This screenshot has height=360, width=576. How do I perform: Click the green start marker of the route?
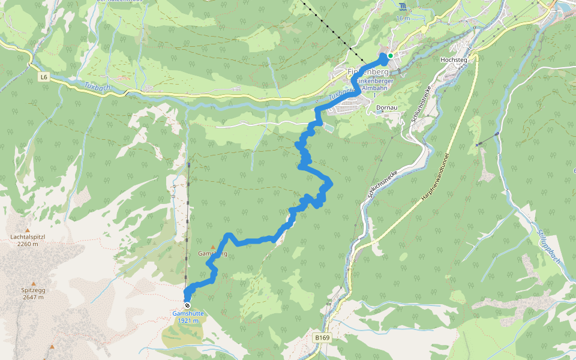click(x=390, y=56)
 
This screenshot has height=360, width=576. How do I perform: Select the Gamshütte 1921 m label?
click(x=188, y=317)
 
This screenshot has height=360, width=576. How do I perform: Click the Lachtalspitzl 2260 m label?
click(x=28, y=240)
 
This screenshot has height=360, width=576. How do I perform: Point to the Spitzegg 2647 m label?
click(x=34, y=293)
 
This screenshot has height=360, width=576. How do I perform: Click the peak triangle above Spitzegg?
click(x=34, y=283)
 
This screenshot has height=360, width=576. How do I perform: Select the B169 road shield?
click(x=322, y=338)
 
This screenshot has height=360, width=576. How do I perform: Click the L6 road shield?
click(x=44, y=77)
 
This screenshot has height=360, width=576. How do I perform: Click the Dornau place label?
click(x=386, y=109)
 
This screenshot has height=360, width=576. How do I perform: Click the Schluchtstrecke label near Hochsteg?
click(x=419, y=106)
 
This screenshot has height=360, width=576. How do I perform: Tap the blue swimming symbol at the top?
click(x=402, y=7)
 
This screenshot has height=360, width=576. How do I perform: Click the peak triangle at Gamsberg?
click(x=212, y=247)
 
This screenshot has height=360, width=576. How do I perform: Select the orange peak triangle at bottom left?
click(x=52, y=347)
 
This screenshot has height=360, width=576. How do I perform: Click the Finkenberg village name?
click(x=367, y=72)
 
